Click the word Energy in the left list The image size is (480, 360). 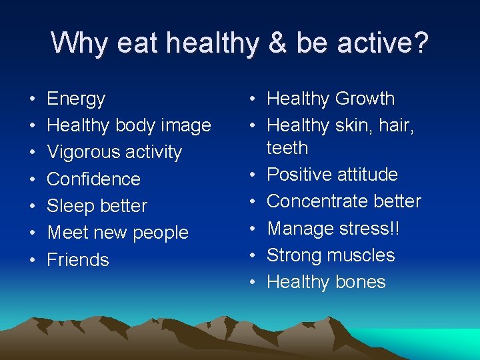(76, 99)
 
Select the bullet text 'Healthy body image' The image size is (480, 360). (129, 125)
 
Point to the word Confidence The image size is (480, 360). (93, 179)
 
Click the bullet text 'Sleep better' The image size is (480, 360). (97, 206)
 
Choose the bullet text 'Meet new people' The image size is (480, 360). (117, 233)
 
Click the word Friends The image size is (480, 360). (77, 259)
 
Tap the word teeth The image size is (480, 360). (287, 147)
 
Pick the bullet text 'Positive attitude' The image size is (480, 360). (332, 175)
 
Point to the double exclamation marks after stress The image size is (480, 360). (396, 228)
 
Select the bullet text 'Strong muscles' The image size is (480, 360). (331, 255)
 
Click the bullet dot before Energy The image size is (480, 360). (33, 99)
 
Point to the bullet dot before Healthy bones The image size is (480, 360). (253, 282)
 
